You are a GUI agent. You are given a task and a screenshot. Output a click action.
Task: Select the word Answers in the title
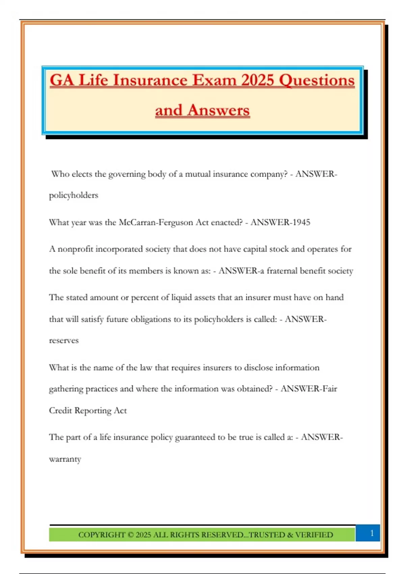[218, 110]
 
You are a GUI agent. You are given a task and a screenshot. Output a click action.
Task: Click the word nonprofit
[75, 249]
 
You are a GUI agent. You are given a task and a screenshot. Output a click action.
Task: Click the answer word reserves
[64, 341]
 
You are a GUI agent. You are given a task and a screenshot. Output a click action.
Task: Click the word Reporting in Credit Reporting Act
[93, 411]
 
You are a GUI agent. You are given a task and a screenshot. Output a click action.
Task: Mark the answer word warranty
[65, 459]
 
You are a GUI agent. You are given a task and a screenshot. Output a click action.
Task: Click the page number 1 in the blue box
[372, 533]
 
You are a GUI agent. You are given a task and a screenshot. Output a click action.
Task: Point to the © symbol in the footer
[131, 535]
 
